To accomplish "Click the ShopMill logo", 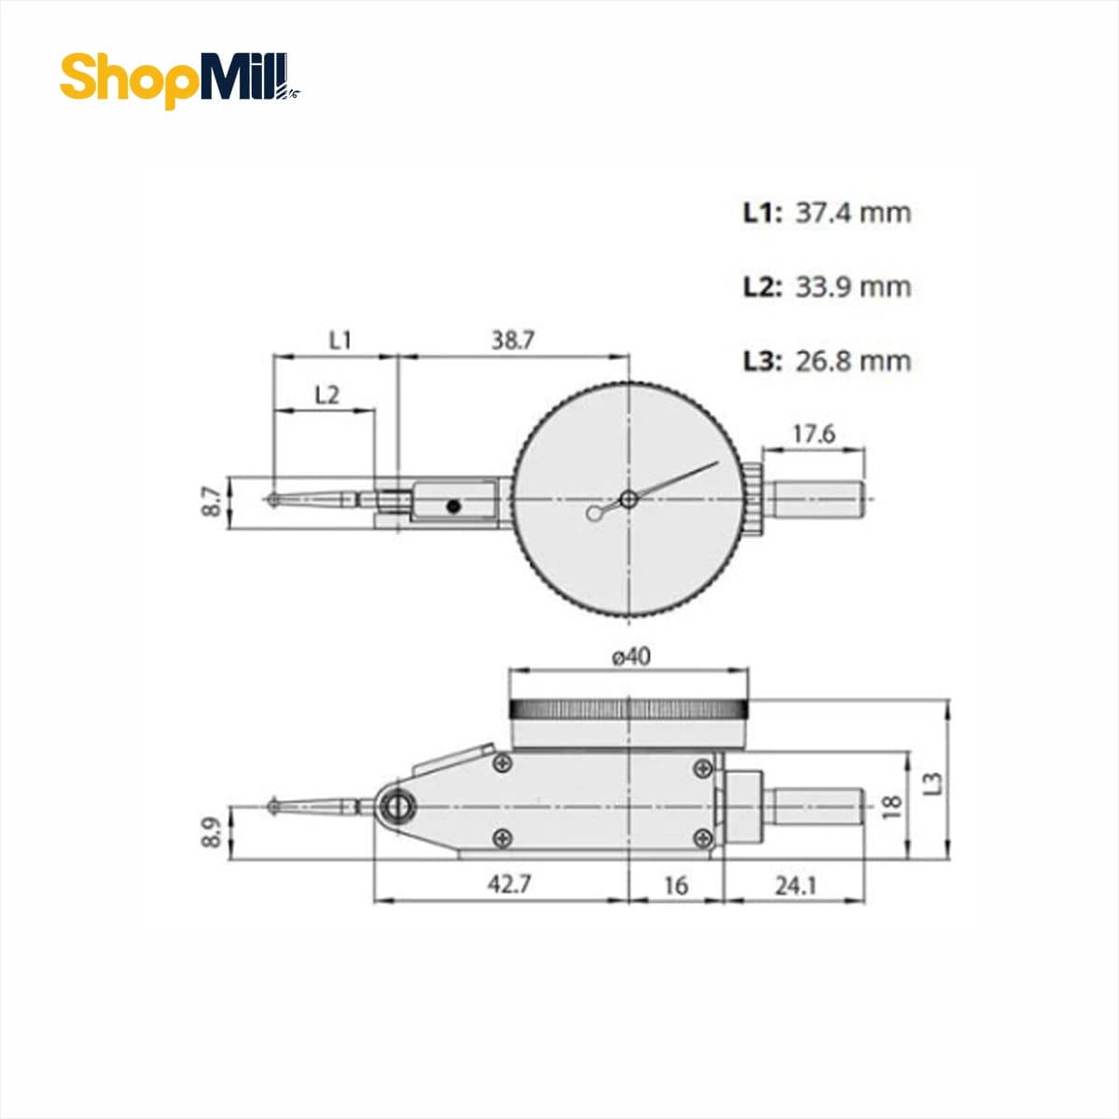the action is pos(180,79).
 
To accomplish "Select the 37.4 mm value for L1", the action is pos(853,214).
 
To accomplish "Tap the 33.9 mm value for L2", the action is pos(853,287).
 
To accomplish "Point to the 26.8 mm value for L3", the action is pos(853,361).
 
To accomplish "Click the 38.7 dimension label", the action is pos(512,340).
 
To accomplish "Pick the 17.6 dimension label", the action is pos(813,434).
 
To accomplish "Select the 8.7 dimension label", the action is pos(212,502).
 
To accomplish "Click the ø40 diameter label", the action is pos(631,656).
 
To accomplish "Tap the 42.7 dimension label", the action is pos(509,884).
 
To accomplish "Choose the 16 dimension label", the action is pos(676,886).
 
